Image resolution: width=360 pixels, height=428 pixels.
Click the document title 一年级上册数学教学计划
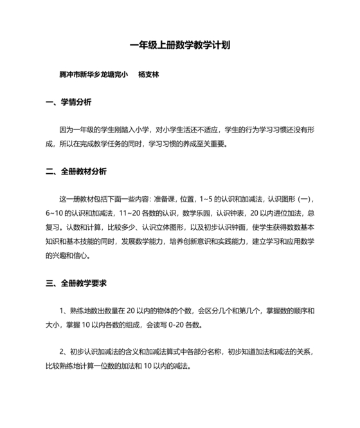click(179, 45)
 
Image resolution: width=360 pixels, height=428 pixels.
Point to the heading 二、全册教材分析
click(76, 172)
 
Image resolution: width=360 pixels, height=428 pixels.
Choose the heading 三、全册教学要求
click(76, 265)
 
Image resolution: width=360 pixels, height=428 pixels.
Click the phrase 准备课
click(166, 199)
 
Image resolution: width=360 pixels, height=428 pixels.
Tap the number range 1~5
click(206, 199)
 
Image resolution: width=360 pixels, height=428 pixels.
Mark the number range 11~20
click(129, 213)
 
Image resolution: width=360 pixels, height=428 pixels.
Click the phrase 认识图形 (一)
click(290, 199)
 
